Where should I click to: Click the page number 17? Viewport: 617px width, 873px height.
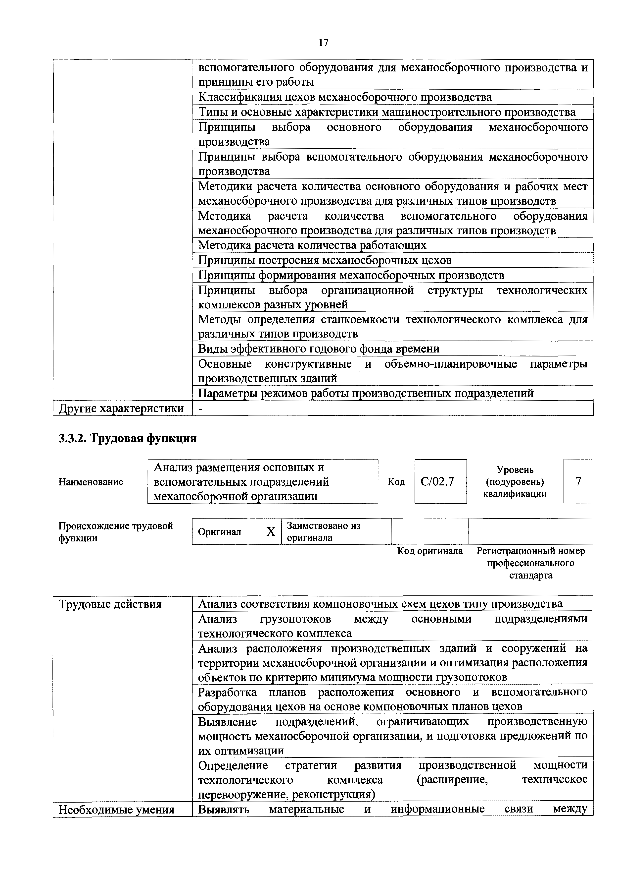coord(323,43)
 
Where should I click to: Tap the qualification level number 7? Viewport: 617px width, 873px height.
coord(578,481)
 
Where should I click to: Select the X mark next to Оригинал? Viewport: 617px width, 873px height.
coord(271,531)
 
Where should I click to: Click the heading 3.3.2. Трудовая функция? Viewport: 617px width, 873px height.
coord(127,438)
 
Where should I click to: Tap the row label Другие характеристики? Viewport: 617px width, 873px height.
coord(121,408)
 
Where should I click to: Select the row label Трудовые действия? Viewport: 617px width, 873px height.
coord(110,604)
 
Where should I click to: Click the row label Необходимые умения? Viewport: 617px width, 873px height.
coord(116,810)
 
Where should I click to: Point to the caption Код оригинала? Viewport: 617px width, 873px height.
coord(430,551)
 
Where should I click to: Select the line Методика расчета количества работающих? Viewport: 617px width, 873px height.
coord(312,245)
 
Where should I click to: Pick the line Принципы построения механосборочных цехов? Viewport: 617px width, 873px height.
coord(325,260)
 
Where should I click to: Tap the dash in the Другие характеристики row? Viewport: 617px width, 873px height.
coord(201,408)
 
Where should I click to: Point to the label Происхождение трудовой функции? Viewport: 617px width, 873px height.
coord(115,531)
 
